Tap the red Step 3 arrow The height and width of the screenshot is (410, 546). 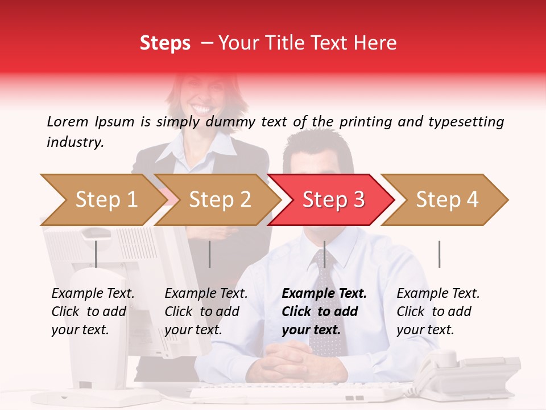tap(333, 199)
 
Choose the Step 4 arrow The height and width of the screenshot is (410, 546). tap(446, 199)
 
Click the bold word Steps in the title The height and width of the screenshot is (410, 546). tap(165, 43)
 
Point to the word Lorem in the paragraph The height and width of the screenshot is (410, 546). tap(67, 121)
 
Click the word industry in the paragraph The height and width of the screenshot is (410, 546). tap(75, 142)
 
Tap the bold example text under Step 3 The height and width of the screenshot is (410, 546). tap(323, 311)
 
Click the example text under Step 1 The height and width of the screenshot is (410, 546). tap(92, 311)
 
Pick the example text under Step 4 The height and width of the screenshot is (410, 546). tap(437, 311)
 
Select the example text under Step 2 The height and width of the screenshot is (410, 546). tap(205, 311)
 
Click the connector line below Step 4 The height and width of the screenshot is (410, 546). tap(439, 254)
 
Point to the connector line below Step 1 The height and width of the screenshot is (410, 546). tap(96, 254)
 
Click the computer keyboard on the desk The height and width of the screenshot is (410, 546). tap(296, 393)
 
